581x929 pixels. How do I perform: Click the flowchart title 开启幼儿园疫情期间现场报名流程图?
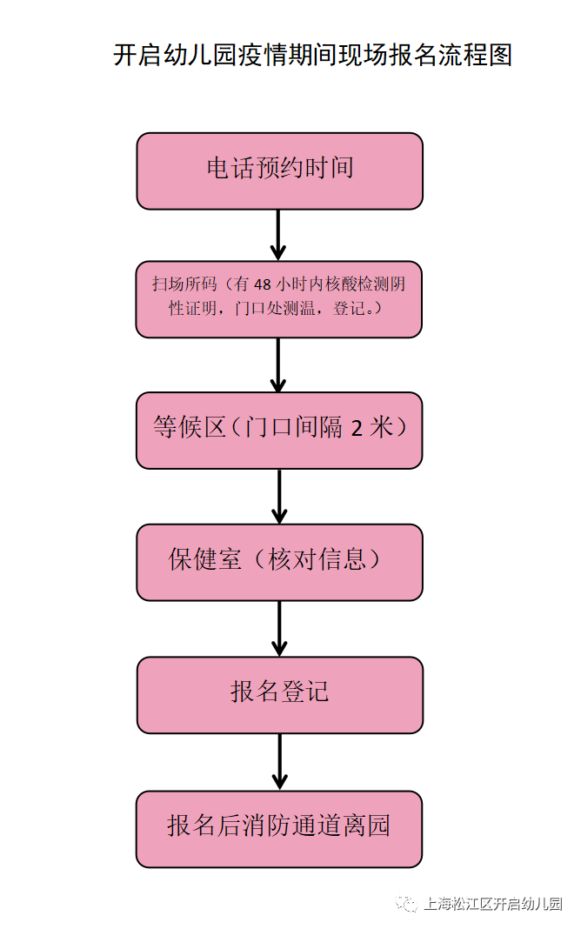pos(312,55)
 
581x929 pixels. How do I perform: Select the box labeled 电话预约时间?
pos(279,170)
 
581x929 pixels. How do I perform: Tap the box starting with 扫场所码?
pos(279,298)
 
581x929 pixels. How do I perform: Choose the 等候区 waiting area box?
pos(279,430)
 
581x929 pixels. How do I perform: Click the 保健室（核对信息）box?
pos(279,561)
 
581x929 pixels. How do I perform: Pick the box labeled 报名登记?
pos(279,694)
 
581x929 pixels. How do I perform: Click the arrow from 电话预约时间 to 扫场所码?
pos(278,235)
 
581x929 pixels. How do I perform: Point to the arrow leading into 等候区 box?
pos(278,365)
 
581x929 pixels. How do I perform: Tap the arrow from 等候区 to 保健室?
pos(278,497)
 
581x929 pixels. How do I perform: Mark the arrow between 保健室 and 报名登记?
pos(278,628)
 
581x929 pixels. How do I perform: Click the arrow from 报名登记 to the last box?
pos(278,761)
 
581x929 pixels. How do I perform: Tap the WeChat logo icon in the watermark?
pos(406,905)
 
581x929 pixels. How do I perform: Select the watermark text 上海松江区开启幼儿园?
pos(492,905)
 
